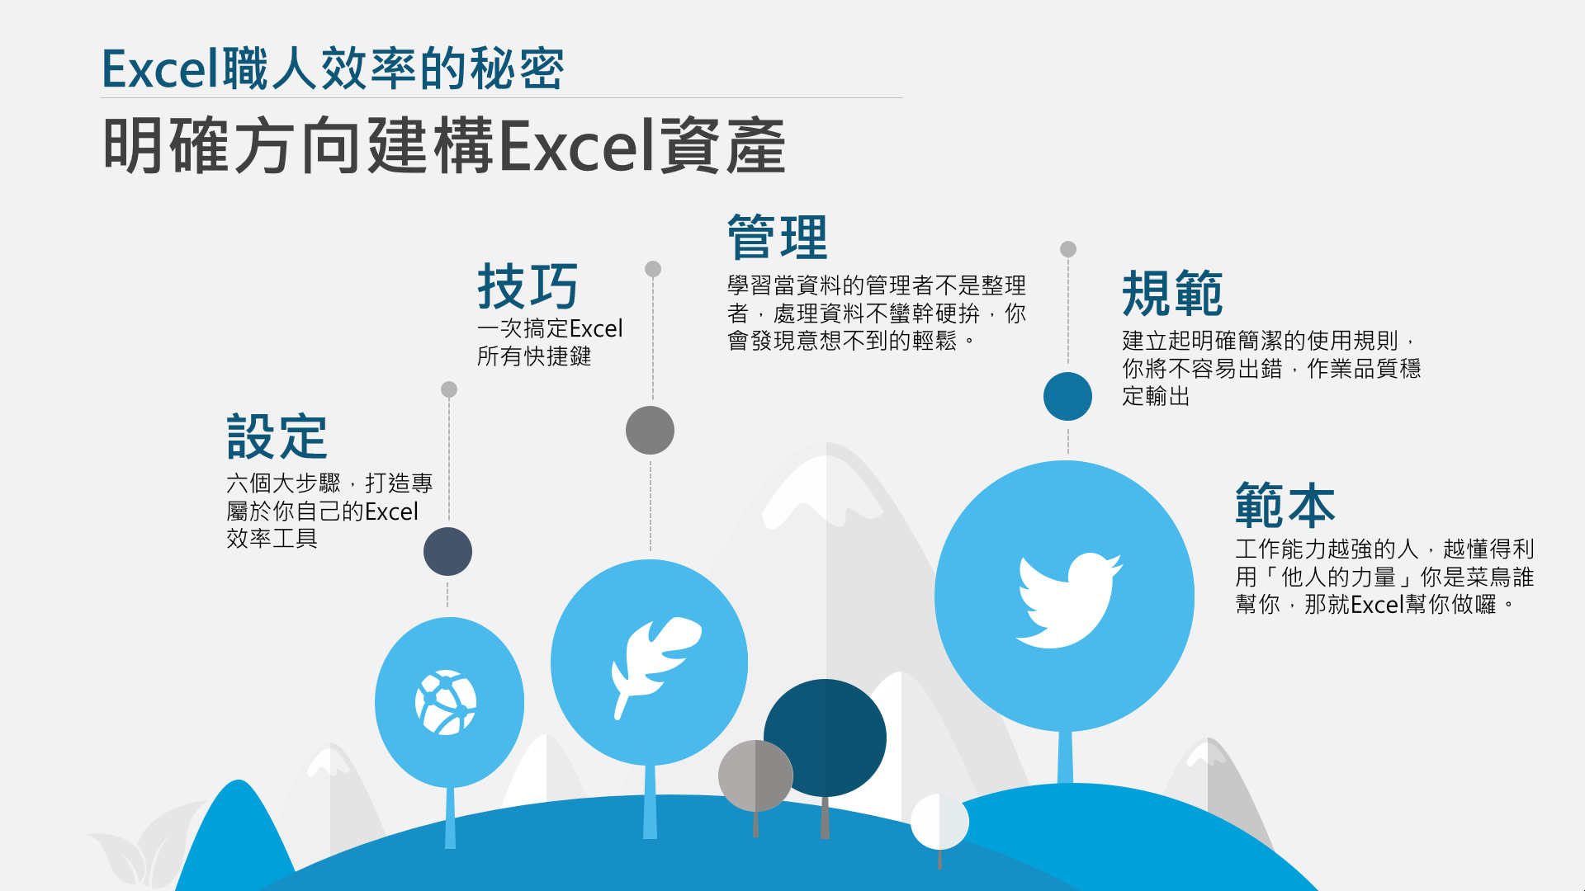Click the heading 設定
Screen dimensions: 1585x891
point(277,436)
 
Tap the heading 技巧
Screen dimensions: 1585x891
point(528,286)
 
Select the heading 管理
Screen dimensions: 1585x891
point(778,237)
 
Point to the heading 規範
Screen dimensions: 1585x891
point(1172,293)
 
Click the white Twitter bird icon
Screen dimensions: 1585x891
point(1069,600)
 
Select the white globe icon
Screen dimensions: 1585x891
point(446,702)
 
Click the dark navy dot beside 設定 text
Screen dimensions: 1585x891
point(447,551)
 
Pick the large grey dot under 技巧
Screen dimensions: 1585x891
point(650,430)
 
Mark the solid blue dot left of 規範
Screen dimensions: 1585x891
point(1067,396)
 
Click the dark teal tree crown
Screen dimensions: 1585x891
point(826,738)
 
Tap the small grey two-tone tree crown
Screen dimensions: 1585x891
point(755,775)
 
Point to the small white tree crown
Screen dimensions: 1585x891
point(939,822)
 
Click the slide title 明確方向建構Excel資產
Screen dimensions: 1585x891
point(444,145)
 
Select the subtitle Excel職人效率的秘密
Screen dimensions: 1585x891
point(333,68)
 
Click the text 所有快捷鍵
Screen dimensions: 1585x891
point(534,356)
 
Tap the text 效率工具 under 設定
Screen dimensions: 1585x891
point(272,539)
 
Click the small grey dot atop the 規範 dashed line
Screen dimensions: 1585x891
point(1068,249)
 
